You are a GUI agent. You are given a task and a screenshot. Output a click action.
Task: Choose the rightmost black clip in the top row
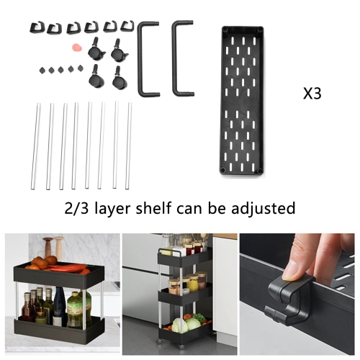pos(127,28)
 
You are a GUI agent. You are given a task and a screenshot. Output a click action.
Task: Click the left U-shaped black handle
pos(148,57)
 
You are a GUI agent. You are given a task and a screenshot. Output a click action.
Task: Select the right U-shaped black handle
pos(182,57)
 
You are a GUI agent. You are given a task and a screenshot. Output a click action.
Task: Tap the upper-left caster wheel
pos(93,53)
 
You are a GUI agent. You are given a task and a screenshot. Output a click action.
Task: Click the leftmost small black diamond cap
pos(40,70)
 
